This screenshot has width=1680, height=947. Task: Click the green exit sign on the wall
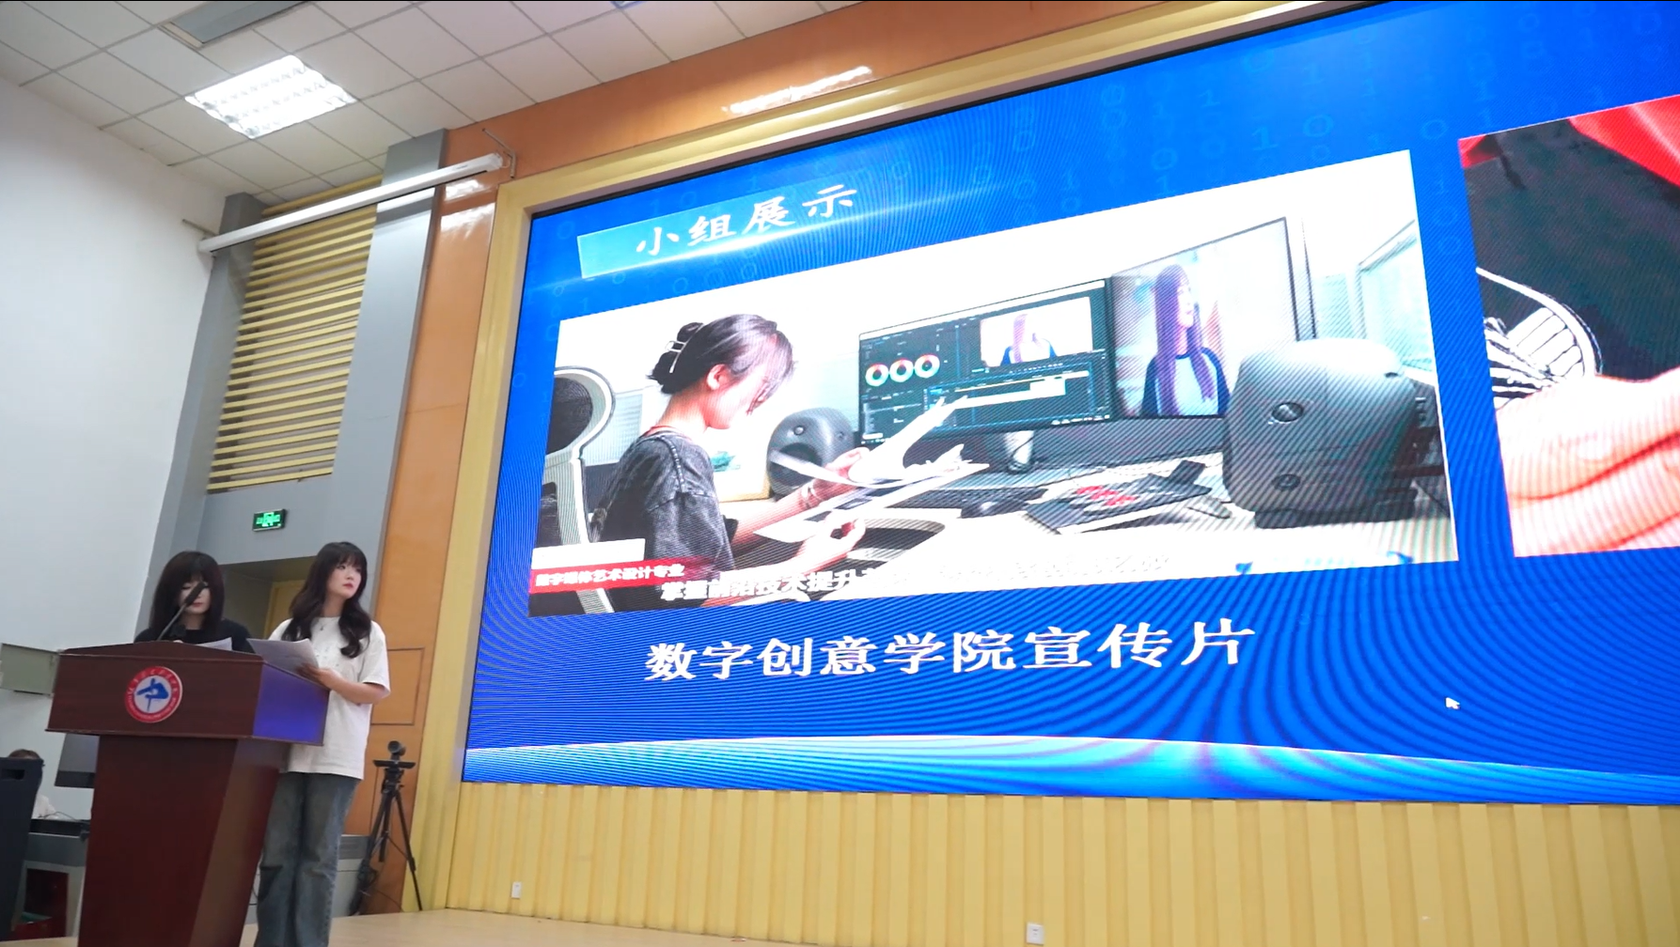(x=269, y=519)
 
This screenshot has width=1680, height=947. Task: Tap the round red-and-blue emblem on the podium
(x=153, y=695)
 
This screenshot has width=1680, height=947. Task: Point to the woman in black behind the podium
(x=194, y=601)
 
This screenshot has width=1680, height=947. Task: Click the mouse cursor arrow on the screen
(x=1452, y=702)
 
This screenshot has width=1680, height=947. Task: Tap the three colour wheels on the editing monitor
(x=902, y=370)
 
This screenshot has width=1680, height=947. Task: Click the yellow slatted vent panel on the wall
(x=291, y=348)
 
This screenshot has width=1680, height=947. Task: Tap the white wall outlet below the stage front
(x=1035, y=932)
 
